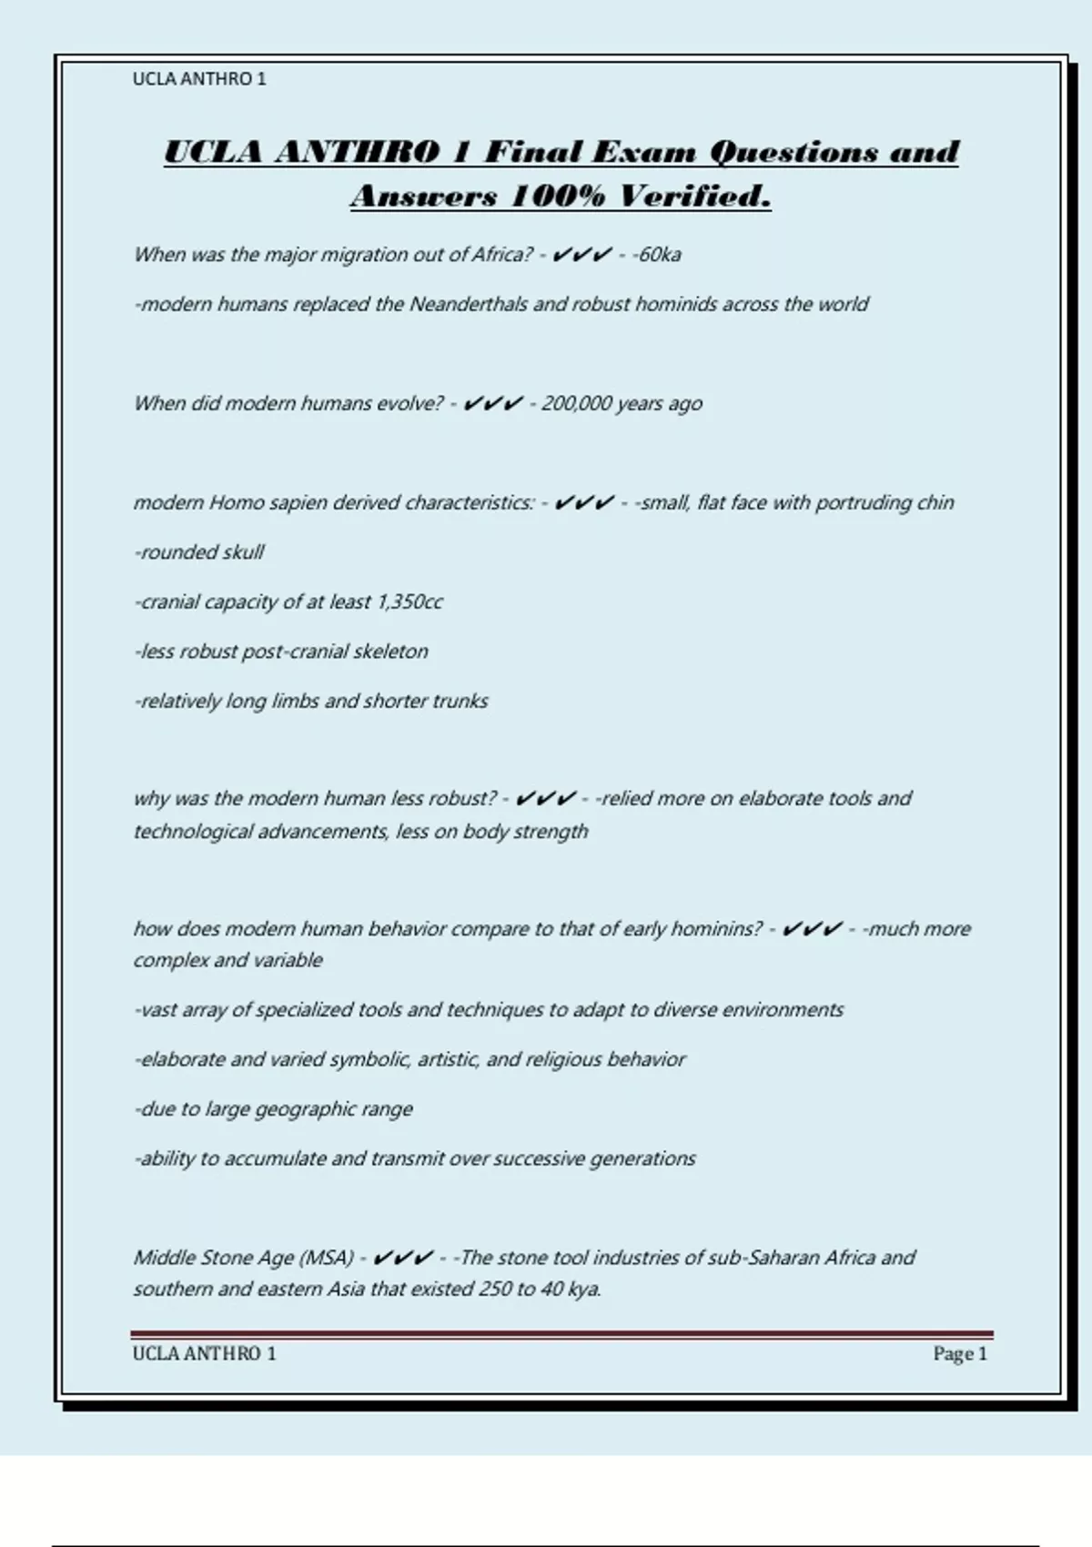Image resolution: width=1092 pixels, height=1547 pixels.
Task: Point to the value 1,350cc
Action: point(409,602)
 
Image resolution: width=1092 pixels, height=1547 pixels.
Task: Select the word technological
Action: point(193,832)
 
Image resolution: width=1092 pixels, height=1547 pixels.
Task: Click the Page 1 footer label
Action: point(959,1354)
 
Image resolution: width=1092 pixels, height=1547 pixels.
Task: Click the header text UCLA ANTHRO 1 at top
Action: point(199,79)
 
